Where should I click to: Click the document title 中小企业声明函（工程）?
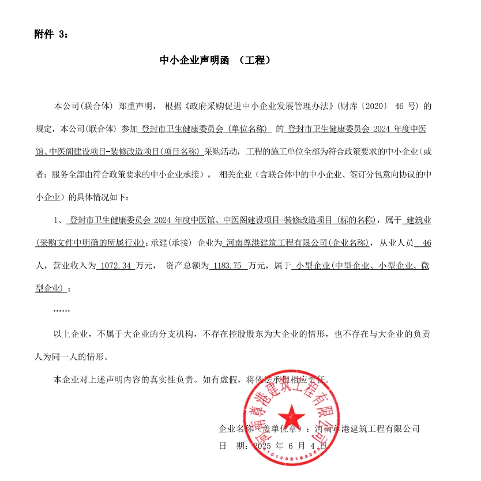pyautogui.click(x=215, y=59)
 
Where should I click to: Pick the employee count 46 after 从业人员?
pyautogui.click(x=427, y=243)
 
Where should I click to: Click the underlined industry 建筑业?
pyautogui.click(x=419, y=220)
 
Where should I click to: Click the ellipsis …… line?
pyautogui.click(x=61, y=311)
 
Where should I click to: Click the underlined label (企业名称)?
pyautogui.click(x=348, y=243)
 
